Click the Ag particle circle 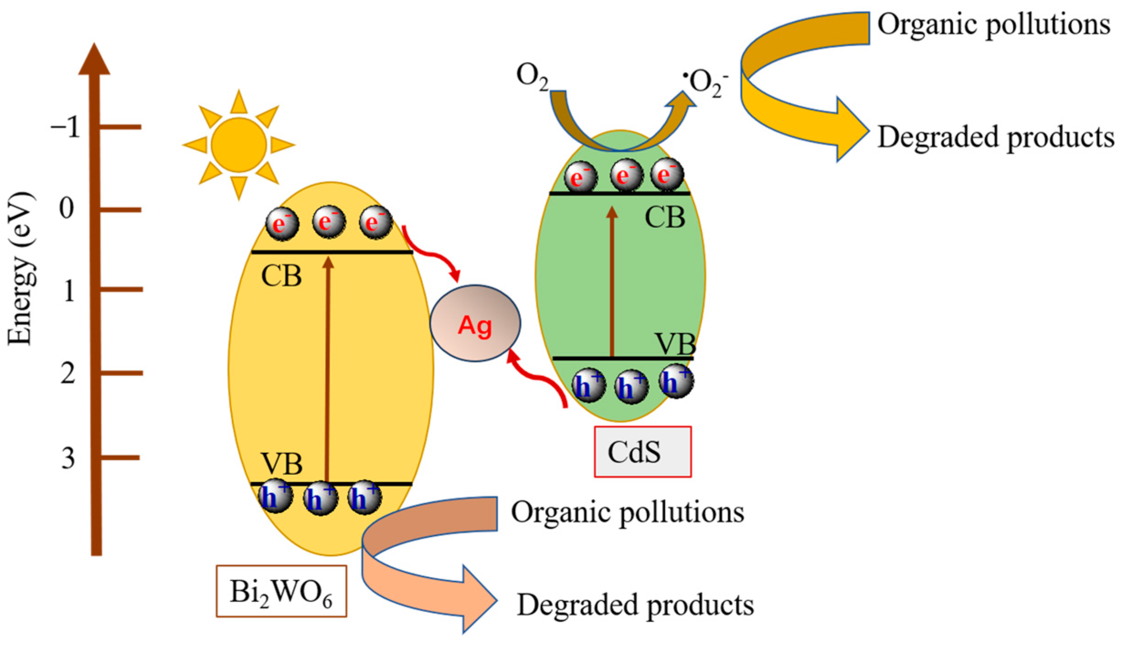(x=475, y=324)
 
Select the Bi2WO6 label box (x=281, y=591)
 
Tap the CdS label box (x=642, y=452)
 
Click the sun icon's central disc (x=238, y=145)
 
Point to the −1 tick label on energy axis (x=65, y=127)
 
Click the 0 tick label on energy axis (x=67, y=209)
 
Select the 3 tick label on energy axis (x=68, y=458)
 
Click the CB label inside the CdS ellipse (x=665, y=218)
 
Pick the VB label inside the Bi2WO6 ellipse (x=281, y=464)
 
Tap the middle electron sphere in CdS (x=626, y=175)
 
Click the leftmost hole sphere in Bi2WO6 (x=275, y=496)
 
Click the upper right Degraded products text (x=995, y=137)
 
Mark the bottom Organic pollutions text (x=627, y=512)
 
